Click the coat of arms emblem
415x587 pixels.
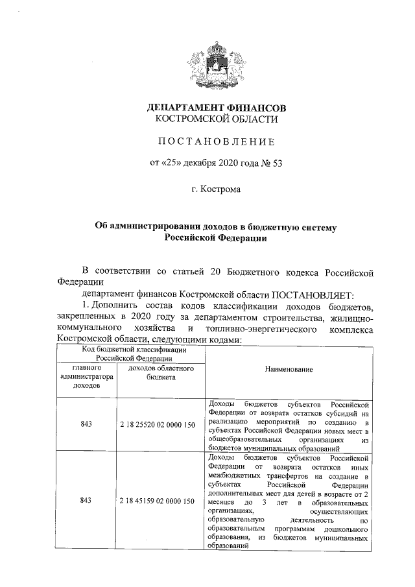(216, 62)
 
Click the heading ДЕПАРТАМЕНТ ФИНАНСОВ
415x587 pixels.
(216, 108)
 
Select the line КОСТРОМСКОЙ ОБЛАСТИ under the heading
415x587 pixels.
(216, 119)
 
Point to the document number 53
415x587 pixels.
(276, 162)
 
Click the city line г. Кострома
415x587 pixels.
(216, 189)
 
